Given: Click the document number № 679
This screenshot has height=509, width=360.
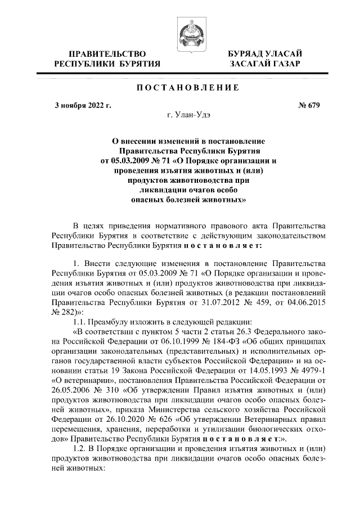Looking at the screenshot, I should pyautogui.click(x=307, y=105).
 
